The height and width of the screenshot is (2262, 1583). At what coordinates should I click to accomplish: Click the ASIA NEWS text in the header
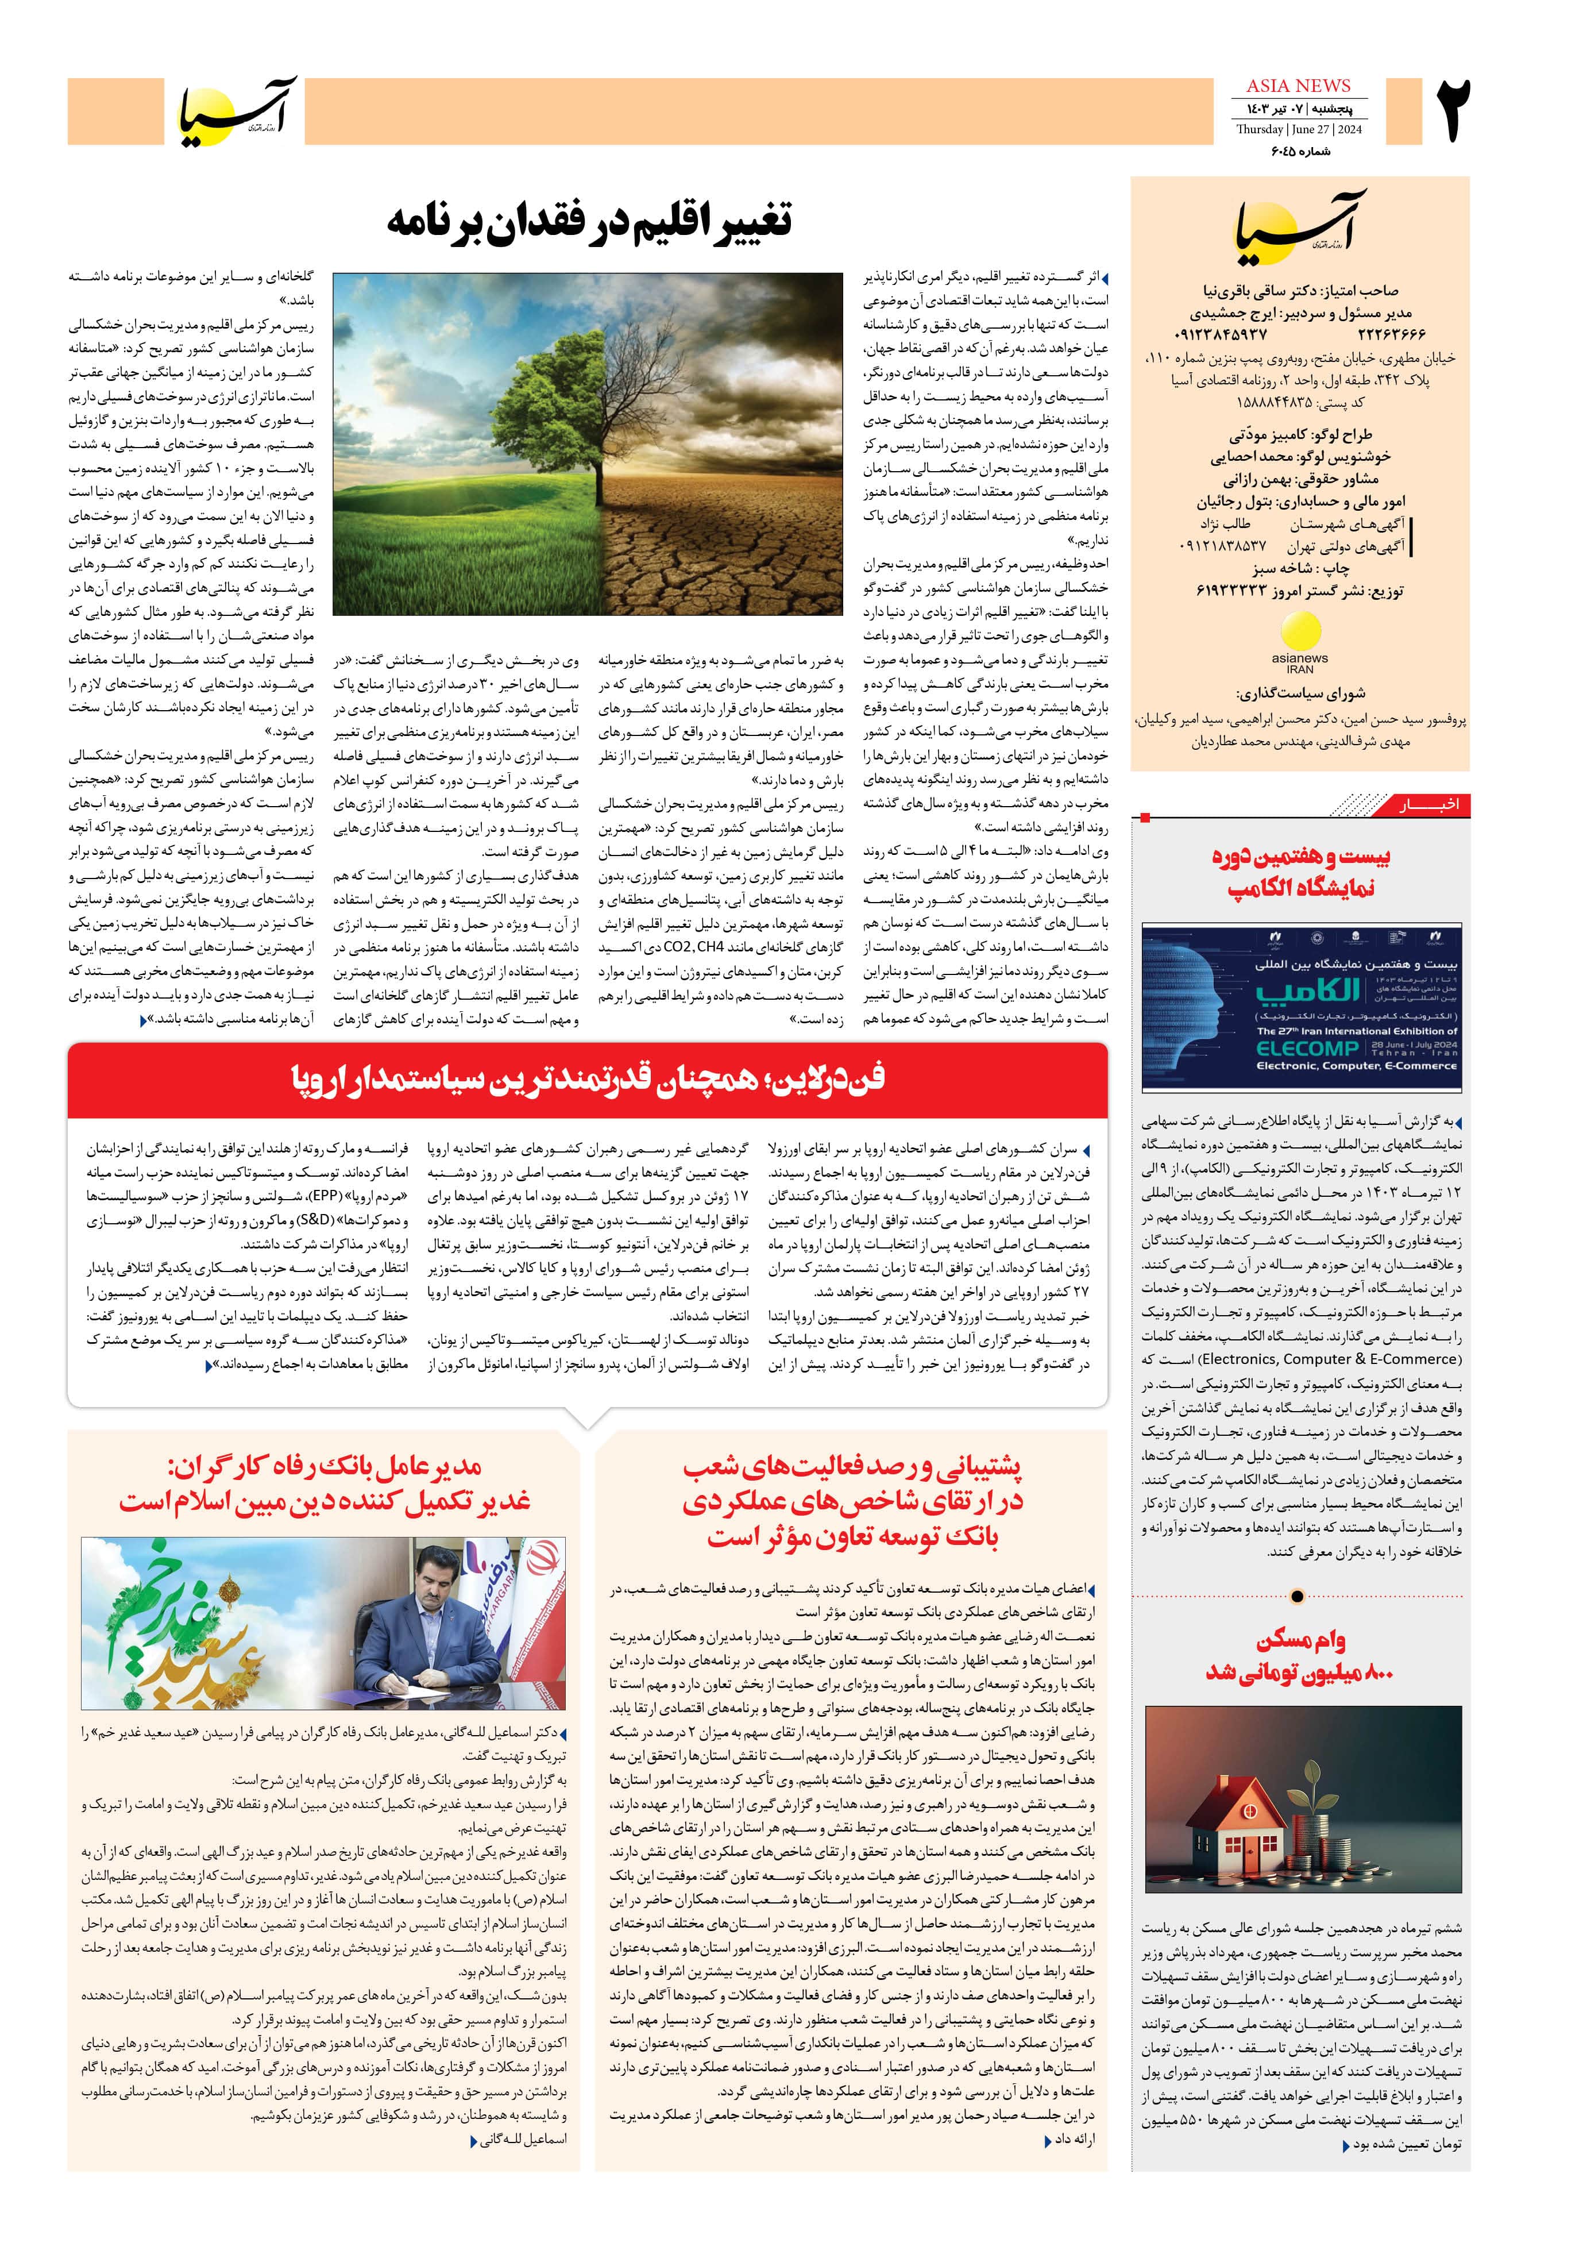tap(1298, 86)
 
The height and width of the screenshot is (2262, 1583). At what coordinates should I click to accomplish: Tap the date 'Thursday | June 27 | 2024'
tap(1298, 129)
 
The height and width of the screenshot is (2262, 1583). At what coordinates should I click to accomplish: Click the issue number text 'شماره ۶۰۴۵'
tap(1298, 151)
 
